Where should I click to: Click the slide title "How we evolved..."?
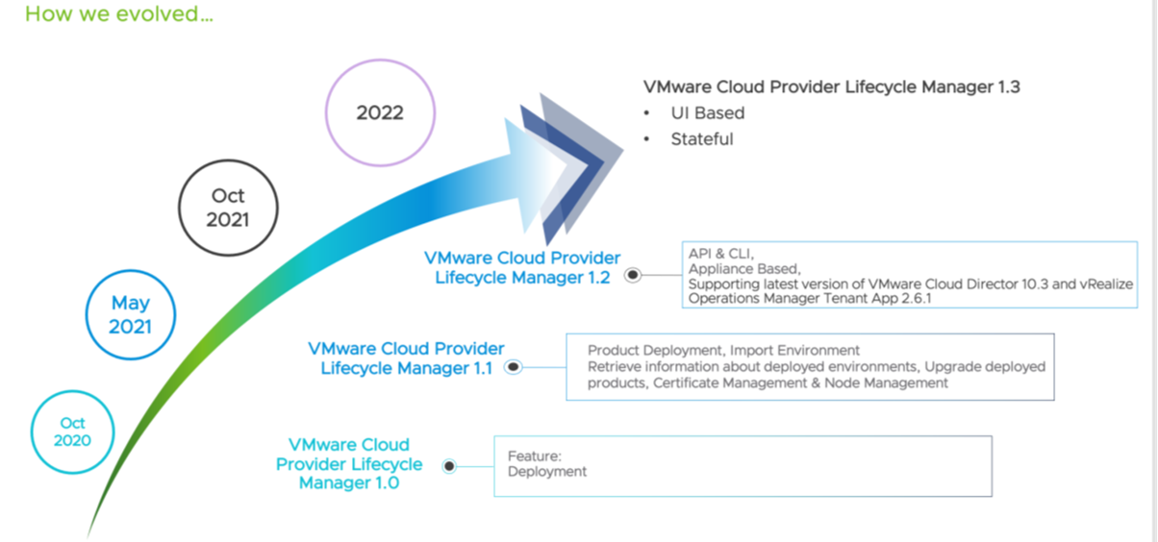[119, 15]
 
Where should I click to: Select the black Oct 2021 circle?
[228, 208]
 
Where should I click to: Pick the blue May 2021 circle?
[130, 314]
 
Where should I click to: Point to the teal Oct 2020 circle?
[72, 431]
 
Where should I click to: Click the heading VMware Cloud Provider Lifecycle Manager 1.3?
[831, 87]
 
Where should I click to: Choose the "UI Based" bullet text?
[707, 113]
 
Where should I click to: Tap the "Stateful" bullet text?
[701, 139]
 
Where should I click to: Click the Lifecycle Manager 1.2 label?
[522, 268]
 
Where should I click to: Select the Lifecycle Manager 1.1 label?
[406, 357]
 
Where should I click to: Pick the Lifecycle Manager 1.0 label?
[349, 464]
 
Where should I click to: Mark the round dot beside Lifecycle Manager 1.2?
[633, 275]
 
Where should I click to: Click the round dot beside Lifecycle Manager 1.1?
[514, 367]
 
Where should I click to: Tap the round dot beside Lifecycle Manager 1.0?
[449, 466]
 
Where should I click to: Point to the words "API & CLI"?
[719, 254]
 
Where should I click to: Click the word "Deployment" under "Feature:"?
[546, 472]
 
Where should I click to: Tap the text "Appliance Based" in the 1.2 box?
[743, 269]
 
